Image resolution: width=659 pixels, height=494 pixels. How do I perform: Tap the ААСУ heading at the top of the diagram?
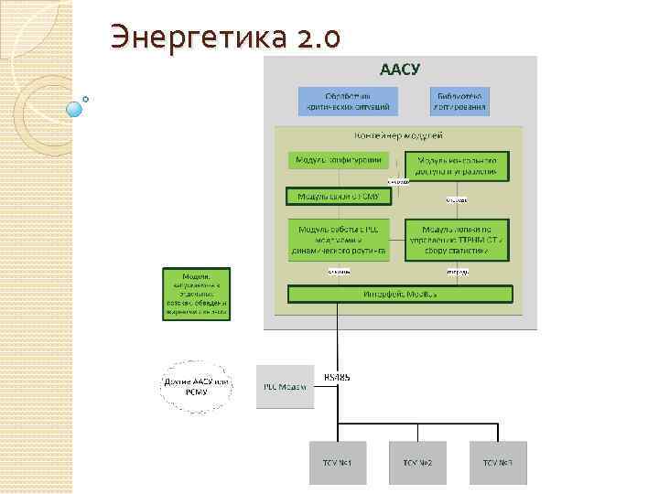[400, 70]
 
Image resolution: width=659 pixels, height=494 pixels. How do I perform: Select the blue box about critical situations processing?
[348, 102]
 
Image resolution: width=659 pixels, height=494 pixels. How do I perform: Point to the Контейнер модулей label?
[400, 135]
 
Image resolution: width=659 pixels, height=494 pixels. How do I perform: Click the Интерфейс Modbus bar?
[400, 295]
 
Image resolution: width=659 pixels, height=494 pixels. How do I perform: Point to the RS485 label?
[337, 377]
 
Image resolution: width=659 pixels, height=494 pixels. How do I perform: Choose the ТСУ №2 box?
[417, 463]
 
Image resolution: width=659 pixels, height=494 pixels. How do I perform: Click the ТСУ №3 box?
[499, 463]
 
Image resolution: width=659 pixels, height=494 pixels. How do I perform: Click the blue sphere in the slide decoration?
[75, 109]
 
